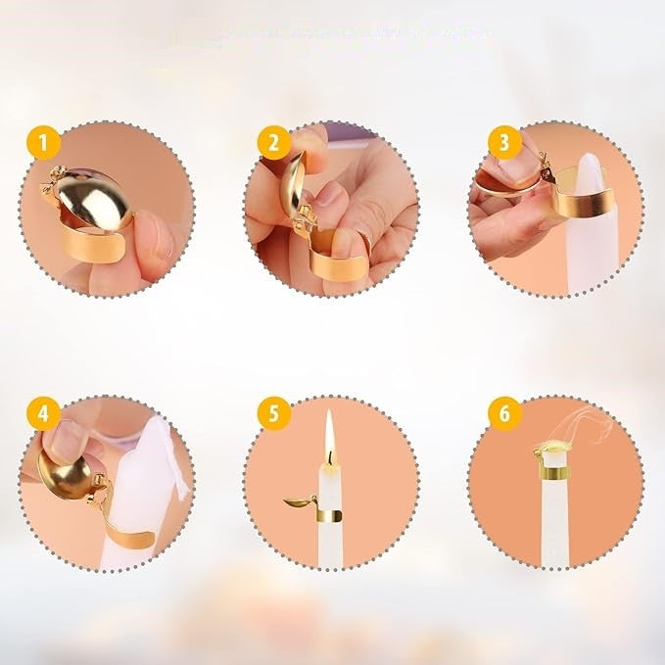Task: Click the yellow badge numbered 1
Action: click(44, 143)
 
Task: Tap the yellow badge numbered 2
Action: click(274, 143)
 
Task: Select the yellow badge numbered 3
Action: click(504, 143)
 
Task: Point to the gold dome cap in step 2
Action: click(293, 183)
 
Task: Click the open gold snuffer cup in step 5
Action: click(298, 502)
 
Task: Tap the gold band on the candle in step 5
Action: click(330, 516)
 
